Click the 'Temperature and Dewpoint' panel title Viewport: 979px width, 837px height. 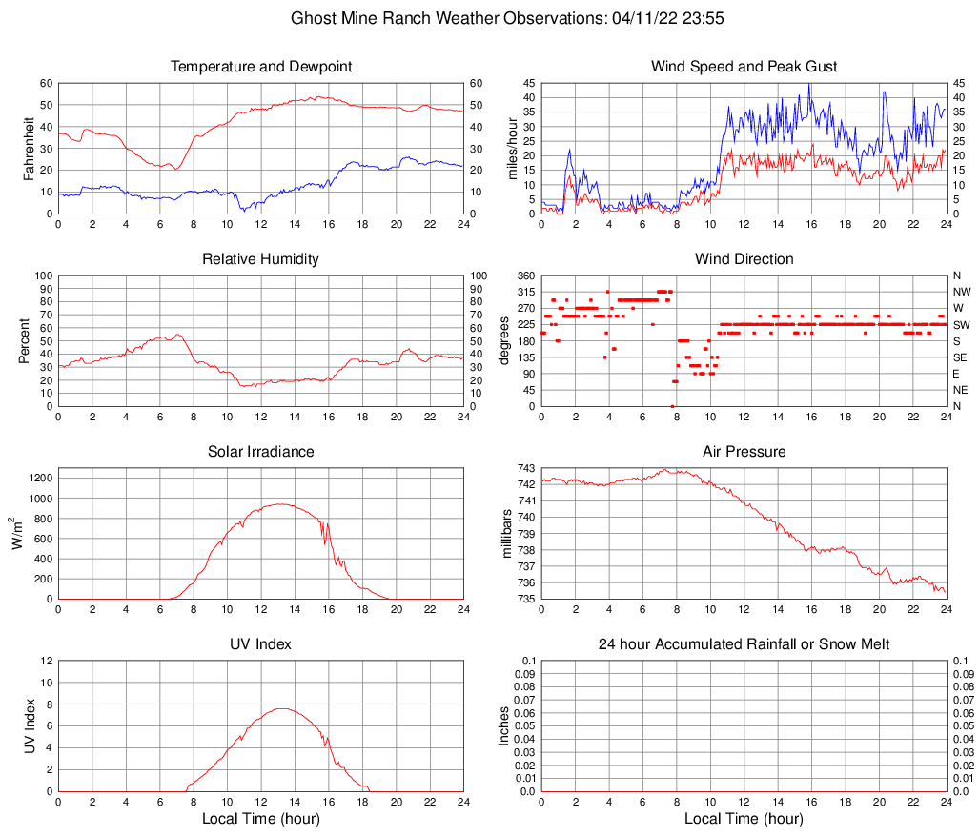pos(261,67)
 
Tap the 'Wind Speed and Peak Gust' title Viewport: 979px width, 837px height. pos(744,67)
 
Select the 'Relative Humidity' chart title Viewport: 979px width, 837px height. pos(261,259)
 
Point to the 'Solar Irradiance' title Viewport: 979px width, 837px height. pos(261,452)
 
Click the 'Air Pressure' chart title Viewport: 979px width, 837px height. pos(744,452)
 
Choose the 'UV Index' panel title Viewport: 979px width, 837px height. pos(261,644)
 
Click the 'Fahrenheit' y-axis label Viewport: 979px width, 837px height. pos(28,149)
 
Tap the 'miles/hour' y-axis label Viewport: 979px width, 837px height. pos(511,149)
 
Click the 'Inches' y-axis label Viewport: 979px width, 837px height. pos(504,726)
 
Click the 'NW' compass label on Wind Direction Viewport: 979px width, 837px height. pos(961,292)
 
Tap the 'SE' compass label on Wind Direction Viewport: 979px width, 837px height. pos(960,357)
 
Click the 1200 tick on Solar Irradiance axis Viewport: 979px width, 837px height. pos(39,474)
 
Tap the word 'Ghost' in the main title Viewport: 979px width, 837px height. pos(313,18)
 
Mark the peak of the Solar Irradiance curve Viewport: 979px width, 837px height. pos(281,504)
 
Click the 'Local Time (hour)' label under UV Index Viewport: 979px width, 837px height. pos(261,819)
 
